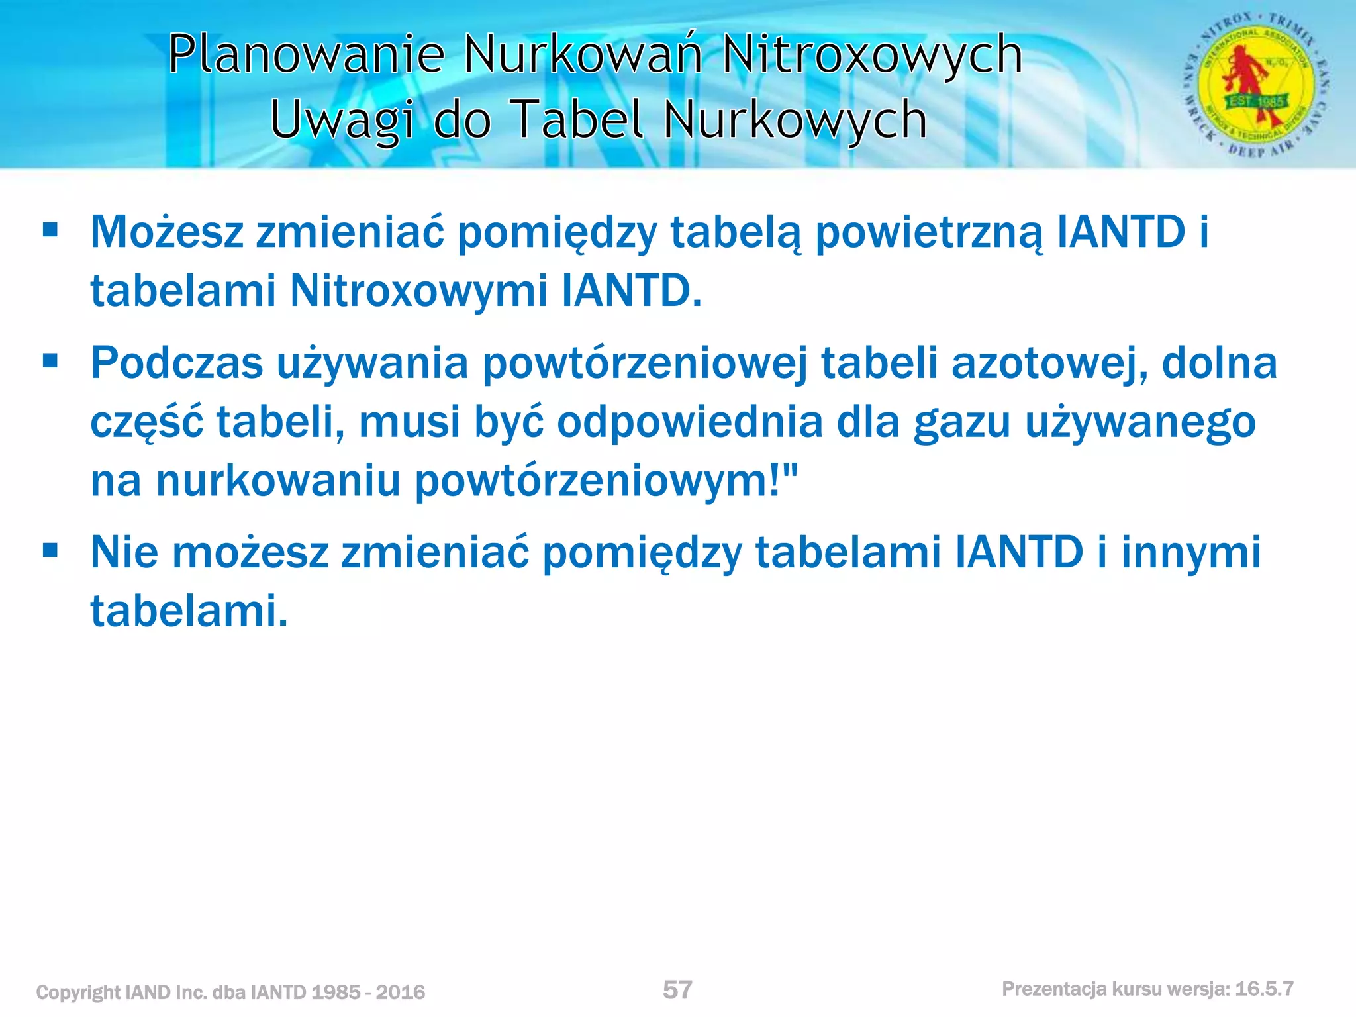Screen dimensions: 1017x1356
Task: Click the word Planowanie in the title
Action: (307, 54)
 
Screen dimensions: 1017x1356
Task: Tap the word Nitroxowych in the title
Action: (872, 54)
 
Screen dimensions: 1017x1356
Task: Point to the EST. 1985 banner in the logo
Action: (1256, 101)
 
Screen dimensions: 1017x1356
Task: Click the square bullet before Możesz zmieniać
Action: (50, 230)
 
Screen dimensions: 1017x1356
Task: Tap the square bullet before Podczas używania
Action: (50, 361)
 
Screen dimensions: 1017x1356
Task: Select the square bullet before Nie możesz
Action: (50, 550)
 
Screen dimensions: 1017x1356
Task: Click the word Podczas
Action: (177, 363)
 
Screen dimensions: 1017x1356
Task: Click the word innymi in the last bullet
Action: (1190, 552)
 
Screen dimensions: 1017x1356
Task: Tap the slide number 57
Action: (677, 990)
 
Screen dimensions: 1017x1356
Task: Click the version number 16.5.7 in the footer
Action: (1264, 989)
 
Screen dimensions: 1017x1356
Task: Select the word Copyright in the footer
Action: (77, 992)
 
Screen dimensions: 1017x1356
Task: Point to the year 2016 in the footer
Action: (400, 992)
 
